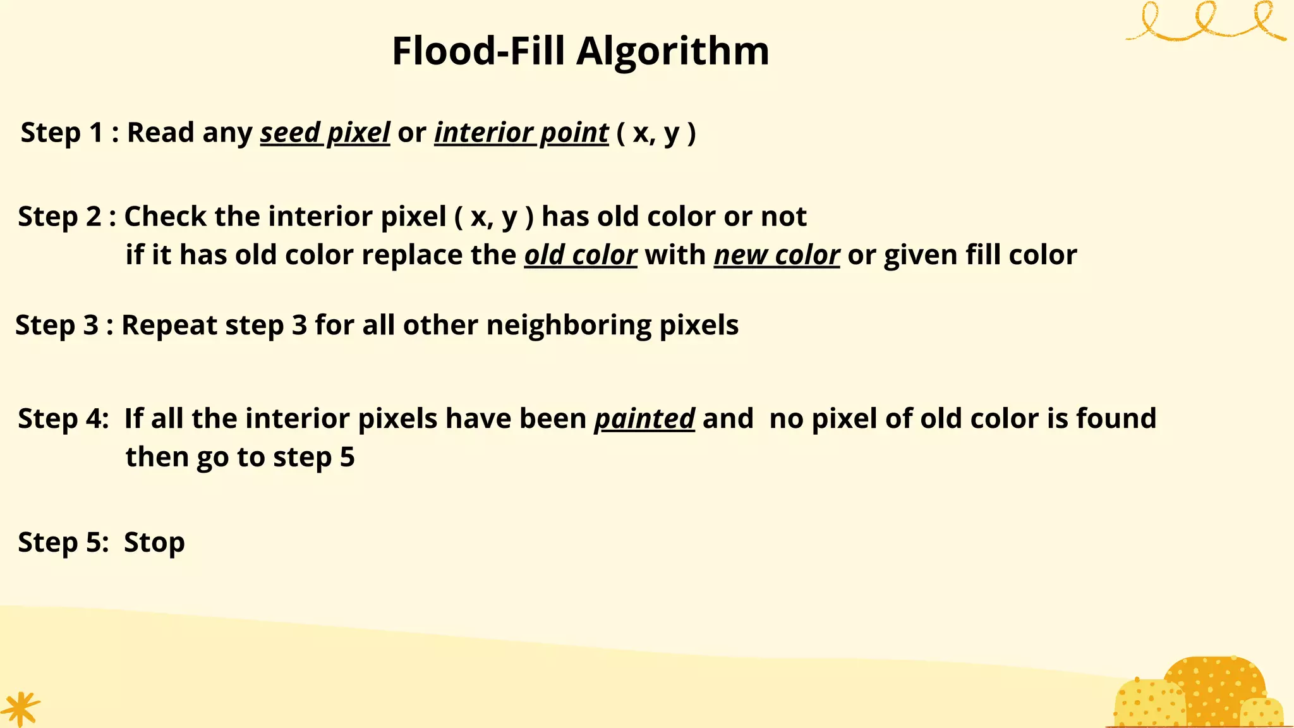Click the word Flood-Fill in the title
pyautogui.click(x=478, y=51)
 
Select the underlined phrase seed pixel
pyautogui.click(x=325, y=133)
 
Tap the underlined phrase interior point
pyautogui.click(x=521, y=133)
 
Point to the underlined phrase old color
pyautogui.click(x=580, y=255)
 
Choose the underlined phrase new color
pyautogui.click(x=777, y=255)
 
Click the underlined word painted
pyautogui.click(x=644, y=419)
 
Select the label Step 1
pyautogui.click(x=61, y=133)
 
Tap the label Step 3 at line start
pyautogui.click(x=56, y=325)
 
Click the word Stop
pyautogui.click(x=154, y=543)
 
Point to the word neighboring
pyautogui.click(x=569, y=325)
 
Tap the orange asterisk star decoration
pyautogui.click(x=20, y=708)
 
